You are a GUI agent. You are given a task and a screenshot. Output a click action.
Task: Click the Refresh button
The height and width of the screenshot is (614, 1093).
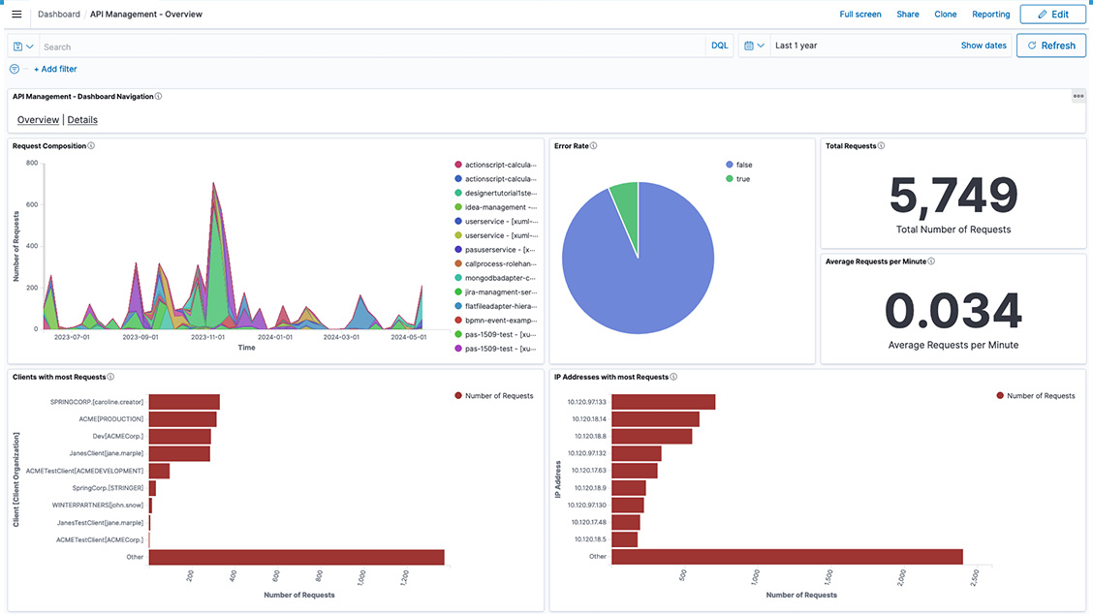click(1050, 46)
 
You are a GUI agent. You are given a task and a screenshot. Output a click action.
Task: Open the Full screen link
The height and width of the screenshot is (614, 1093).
click(859, 15)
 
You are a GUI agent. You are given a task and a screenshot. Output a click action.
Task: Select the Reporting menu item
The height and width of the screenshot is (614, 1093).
click(990, 15)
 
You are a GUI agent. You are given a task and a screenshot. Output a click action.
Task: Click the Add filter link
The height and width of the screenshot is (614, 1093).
click(55, 69)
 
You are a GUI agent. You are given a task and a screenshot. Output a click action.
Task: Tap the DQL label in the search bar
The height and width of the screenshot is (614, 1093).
click(719, 46)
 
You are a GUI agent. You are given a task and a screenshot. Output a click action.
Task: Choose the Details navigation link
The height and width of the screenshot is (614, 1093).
click(82, 120)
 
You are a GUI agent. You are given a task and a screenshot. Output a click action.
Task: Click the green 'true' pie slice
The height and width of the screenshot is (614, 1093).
click(624, 204)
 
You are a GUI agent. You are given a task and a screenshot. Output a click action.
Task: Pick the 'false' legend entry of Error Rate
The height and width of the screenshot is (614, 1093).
click(743, 165)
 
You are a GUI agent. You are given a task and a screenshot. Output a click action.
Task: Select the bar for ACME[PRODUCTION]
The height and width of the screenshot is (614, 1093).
click(182, 419)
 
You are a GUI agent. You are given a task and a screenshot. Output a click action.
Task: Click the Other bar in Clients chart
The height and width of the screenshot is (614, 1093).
click(296, 557)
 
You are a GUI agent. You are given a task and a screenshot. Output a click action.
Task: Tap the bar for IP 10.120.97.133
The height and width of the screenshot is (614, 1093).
click(663, 402)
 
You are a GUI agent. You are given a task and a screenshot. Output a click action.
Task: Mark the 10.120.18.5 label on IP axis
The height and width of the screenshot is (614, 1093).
click(590, 539)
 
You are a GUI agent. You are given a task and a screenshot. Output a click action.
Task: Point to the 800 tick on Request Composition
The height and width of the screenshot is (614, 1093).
click(31, 163)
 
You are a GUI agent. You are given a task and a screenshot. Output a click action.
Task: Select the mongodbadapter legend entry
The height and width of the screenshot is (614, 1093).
click(499, 277)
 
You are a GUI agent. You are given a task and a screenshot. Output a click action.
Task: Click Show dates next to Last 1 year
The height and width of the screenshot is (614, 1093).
click(983, 46)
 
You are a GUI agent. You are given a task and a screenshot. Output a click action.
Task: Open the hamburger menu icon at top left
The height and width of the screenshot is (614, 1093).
click(16, 15)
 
